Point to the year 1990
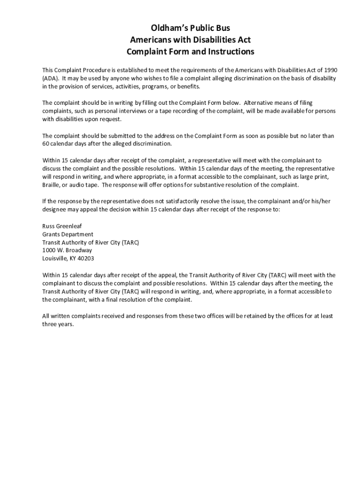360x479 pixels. (x=330, y=70)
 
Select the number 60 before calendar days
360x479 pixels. (x=46, y=144)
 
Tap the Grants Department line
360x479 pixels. (x=68, y=234)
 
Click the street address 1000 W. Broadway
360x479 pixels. (x=67, y=250)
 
